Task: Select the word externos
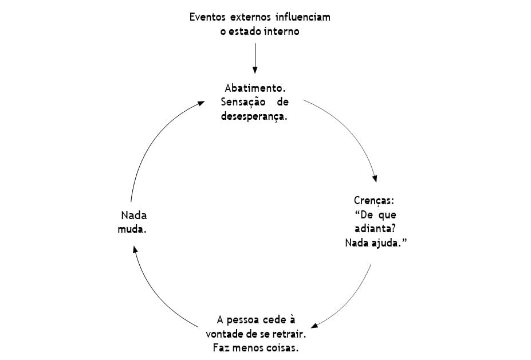tap(253, 17)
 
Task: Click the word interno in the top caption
tap(281, 32)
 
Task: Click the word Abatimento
tap(255, 88)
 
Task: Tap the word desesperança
tap(254, 116)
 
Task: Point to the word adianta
tap(373, 229)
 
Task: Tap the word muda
tap(132, 229)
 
